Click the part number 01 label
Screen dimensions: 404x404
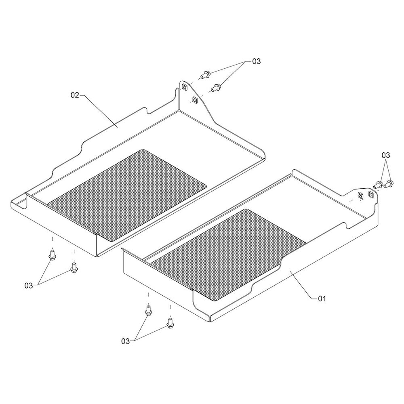coord(322,299)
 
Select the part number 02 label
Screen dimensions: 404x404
coord(75,95)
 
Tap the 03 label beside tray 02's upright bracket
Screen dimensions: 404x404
coord(257,61)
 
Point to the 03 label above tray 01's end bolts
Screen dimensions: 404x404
coord(386,156)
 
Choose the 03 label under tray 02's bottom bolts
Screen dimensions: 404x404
coord(29,286)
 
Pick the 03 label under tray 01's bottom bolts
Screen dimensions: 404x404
coord(126,341)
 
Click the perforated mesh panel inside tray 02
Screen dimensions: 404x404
coord(127,195)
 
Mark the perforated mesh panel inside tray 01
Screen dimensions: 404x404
coord(228,255)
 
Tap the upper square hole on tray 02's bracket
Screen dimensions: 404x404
coord(185,87)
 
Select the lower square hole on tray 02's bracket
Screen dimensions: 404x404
coord(195,99)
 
